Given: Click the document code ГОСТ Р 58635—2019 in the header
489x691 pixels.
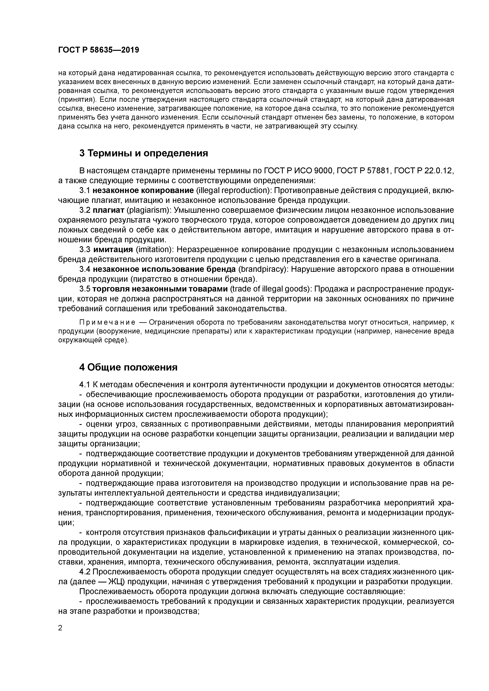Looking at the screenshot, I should tap(99, 50).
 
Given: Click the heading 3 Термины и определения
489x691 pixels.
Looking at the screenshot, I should tap(143, 153).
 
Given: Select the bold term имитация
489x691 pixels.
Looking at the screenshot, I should tap(113, 250).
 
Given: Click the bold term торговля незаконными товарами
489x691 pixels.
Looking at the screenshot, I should tap(160, 289).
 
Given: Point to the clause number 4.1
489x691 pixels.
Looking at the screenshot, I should tap(85, 385).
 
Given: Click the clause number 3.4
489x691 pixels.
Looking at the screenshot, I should tap(85, 269).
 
